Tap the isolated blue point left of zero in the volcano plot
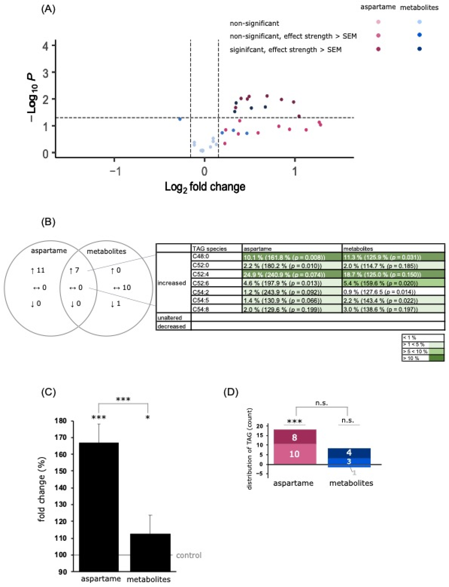[x=180, y=119]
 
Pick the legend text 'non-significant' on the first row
[x=254, y=24]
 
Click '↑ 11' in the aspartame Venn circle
[x=38, y=271]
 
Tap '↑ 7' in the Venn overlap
[x=74, y=271]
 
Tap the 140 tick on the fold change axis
[x=61, y=488]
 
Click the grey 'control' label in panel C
[x=189, y=555]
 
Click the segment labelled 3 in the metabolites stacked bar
[x=349, y=461]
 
